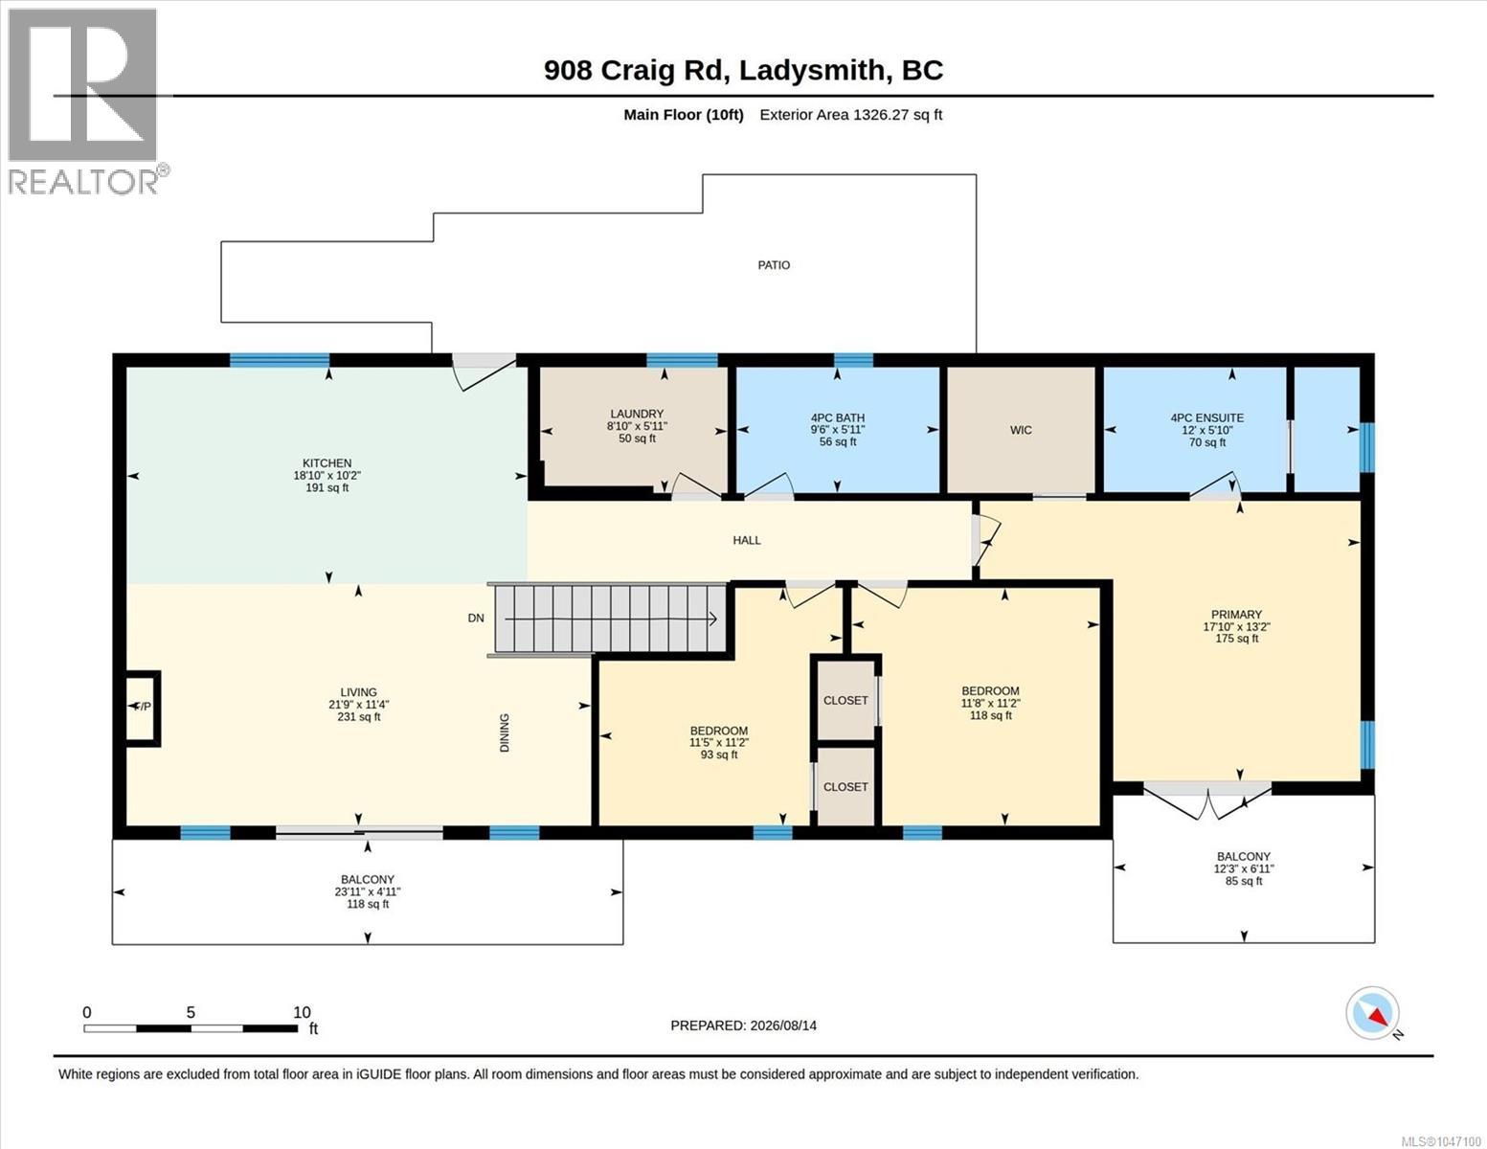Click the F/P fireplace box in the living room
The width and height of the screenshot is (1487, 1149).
(x=143, y=708)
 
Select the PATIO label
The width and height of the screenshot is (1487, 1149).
(x=774, y=265)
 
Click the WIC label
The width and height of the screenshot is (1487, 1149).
(x=1021, y=430)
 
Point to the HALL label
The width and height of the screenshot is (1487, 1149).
(x=747, y=540)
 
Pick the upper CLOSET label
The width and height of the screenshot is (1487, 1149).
(x=845, y=700)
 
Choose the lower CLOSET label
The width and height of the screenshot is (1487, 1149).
(x=845, y=787)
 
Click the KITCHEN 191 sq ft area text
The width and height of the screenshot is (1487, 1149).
(x=327, y=488)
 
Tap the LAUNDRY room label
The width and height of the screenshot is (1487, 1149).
(x=637, y=414)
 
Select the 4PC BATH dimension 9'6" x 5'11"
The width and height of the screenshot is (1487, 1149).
(x=838, y=430)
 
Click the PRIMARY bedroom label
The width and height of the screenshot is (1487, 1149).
(x=1236, y=615)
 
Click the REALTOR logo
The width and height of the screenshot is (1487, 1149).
(x=83, y=101)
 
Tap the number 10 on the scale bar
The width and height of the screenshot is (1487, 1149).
(x=302, y=1012)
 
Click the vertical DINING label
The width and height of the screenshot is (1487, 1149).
(x=505, y=732)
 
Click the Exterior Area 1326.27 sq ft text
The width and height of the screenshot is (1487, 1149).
(x=850, y=114)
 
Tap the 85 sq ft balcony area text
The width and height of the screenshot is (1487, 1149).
(x=1244, y=882)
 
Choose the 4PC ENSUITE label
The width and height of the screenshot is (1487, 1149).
(x=1207, y=417)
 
